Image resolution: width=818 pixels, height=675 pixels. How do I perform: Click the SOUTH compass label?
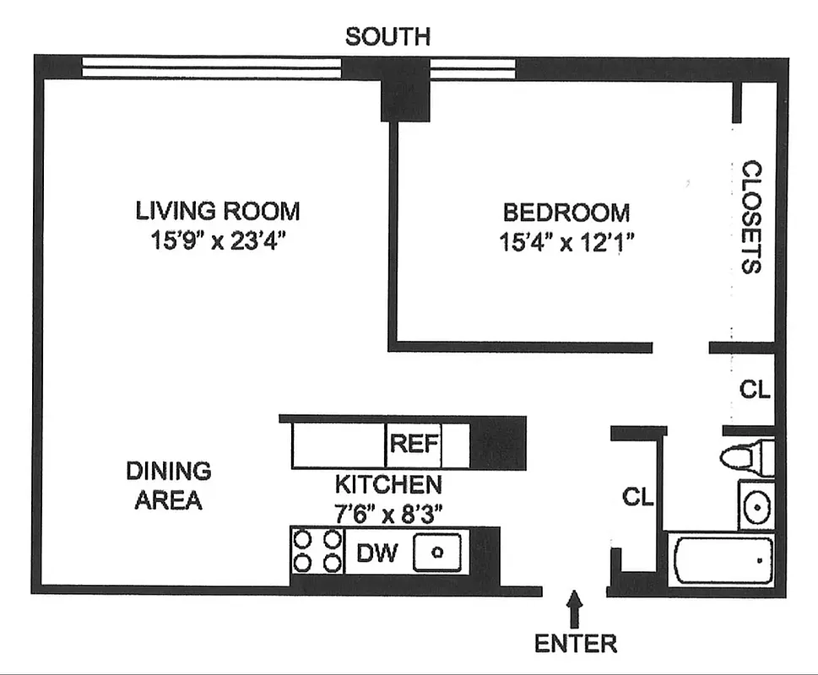(387, 36)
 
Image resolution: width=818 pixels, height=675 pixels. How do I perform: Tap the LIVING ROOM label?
(218, 210)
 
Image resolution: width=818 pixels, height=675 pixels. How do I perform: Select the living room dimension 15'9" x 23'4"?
(218, 241)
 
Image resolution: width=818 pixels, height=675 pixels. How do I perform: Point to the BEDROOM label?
(566, 212)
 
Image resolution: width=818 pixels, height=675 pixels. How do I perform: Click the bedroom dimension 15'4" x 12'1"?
(566, 243)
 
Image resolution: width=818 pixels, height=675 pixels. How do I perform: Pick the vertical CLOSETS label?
(751, 218)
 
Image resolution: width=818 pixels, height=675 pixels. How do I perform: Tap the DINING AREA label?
(169, 485)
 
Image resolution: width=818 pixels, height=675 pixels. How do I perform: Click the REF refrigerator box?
(414, 445)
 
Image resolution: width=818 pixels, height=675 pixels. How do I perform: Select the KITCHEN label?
(387, 485)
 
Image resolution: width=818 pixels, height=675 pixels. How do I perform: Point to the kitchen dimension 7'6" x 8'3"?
(387, 512)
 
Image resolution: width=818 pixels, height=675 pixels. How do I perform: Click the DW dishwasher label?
(376, 553)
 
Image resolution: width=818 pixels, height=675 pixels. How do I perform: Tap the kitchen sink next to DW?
(437, 553)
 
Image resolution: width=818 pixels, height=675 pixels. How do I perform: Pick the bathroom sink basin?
(756, 506)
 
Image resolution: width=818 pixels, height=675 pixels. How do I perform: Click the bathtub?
(723, 559)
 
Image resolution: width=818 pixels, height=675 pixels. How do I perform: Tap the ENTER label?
(575, 644)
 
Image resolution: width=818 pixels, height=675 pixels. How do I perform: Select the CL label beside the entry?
(637, 498)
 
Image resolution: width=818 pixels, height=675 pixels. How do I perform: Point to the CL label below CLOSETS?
(755, 390)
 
